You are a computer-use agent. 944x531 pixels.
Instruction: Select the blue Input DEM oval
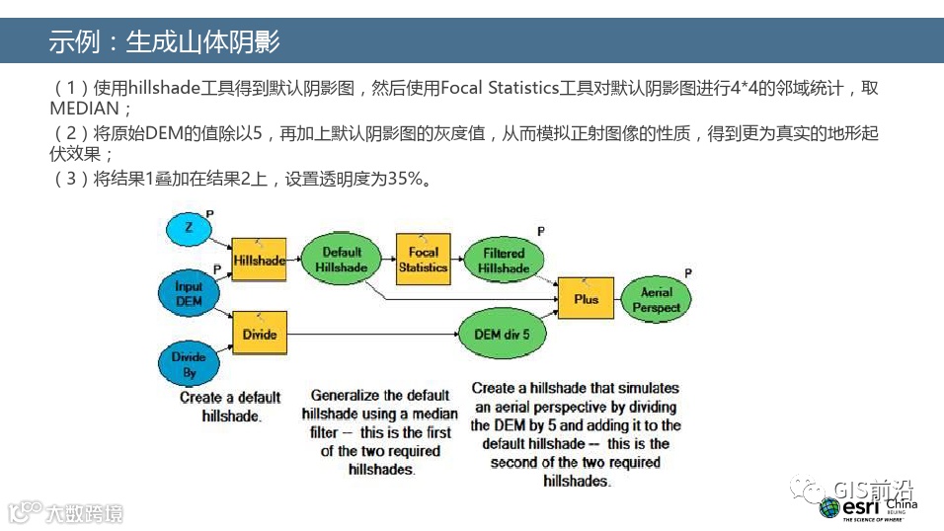pyautogui.click(x=188, y=293)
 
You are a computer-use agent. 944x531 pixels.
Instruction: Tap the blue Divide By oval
pyautogui.click(x=190, y=364)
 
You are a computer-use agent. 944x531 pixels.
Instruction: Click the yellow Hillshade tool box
pyautogui.click(x=259, y=261)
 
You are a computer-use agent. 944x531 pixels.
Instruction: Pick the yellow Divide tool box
pyautogui.click(x=259, y=334)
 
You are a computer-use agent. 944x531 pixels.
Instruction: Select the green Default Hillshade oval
pyautogui.click(x=342, y=260)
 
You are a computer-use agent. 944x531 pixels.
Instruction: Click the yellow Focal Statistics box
pyautogui.click(x=423, y=260)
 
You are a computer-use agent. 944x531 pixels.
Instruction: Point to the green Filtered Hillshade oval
pyautogui.click(x=503, y=261)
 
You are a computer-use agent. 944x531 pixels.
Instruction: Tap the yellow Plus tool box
pyautogui.click(x=586, y=298)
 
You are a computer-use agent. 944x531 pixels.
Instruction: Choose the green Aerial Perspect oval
pyautogui.click(x=657, y=299)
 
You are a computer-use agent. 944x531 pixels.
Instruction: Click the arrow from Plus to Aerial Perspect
pyautogui.click(x=617, y=299)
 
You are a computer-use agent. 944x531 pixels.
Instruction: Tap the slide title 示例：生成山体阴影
pyautogui.click(x=164, y=41)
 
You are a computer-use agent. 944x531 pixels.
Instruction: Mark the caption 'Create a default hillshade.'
pyautogui.click(x=229, y=407)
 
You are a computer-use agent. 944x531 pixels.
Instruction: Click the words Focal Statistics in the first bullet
pyautogui.click(x=500, y=88)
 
